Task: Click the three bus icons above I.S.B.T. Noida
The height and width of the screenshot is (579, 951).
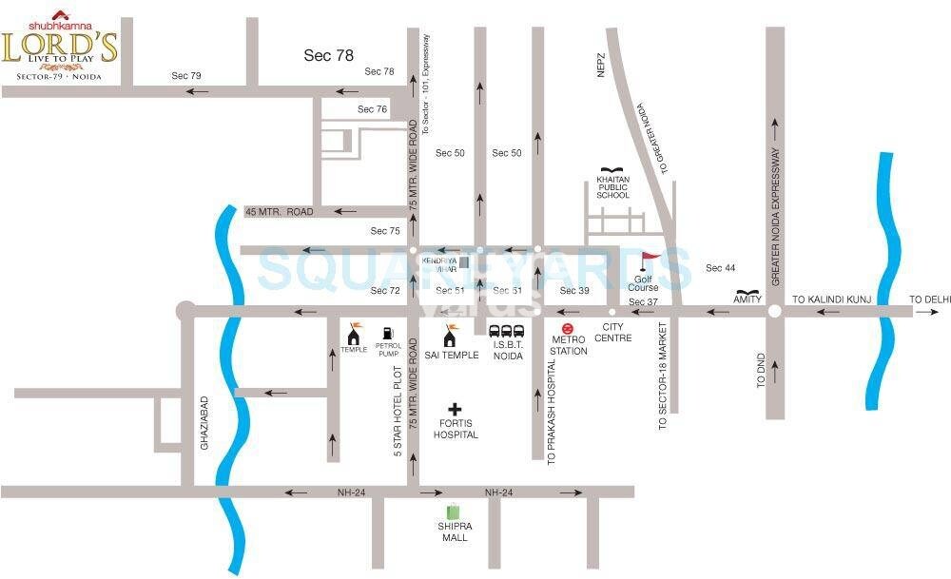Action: point(507,332)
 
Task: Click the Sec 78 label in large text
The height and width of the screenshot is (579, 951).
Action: point(329,55)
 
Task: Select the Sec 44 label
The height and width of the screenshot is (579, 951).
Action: point(720,268)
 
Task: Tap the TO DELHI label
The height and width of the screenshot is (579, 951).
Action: point(929,299)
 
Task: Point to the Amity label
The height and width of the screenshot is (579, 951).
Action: point(747,299)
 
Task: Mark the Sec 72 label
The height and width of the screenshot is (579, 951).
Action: point(385,290)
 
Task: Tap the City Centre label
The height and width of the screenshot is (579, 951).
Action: point(611,332)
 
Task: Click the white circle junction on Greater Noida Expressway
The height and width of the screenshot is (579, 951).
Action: point(775,311)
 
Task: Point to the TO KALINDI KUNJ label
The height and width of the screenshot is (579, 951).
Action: point(826,299)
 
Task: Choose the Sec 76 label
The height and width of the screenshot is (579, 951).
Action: point(372,109)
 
